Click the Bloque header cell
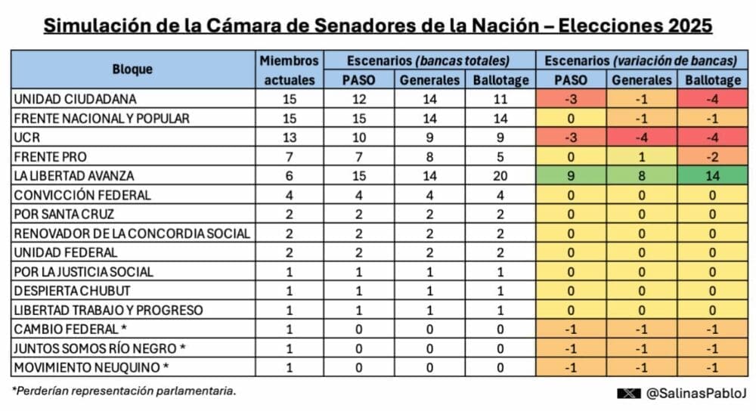pos(132,70)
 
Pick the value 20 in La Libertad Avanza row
pos(500,176)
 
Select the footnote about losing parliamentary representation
pos(123,391)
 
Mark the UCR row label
pos(26,138)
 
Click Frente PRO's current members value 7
pos(290,157)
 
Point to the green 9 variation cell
pos(571,176)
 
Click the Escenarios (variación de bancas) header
pos(642,60)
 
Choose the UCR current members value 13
pos(290,138)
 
